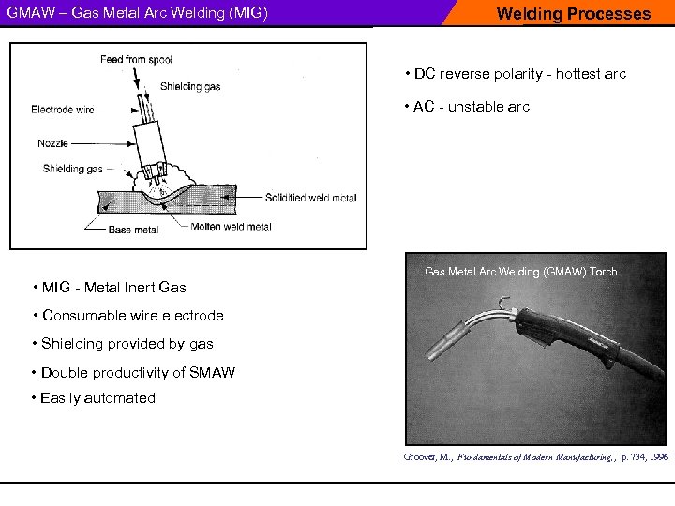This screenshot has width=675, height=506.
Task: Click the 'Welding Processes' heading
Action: pos(573,14)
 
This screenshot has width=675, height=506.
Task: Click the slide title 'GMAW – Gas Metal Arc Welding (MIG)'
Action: pos(138,14)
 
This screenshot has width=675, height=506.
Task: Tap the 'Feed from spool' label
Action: pos(137,60)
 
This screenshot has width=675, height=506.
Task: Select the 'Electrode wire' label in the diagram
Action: pos(62,110)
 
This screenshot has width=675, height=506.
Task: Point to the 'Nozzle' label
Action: pos(52,143)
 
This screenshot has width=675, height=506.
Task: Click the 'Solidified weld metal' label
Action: pos(310,198)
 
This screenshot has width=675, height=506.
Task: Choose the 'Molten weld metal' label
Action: pos(231,227)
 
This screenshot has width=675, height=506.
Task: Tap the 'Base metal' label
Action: pos(133,230)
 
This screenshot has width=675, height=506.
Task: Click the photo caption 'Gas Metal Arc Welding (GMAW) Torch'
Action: pos(521,272)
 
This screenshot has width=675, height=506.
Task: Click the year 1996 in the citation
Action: pos(657,457)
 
